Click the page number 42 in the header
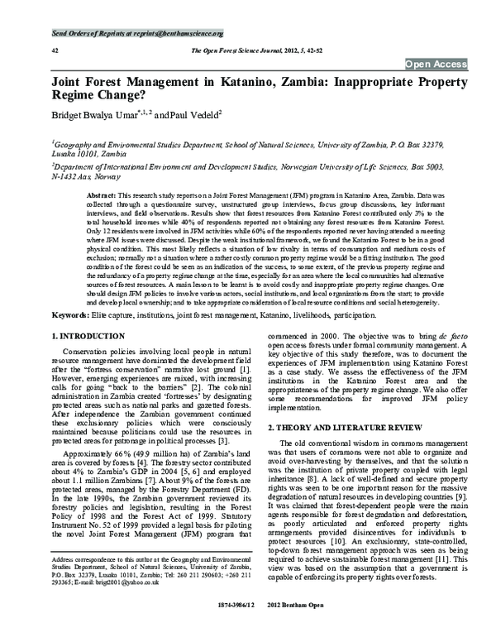tap(31, 50)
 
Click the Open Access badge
tap(436, 64)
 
